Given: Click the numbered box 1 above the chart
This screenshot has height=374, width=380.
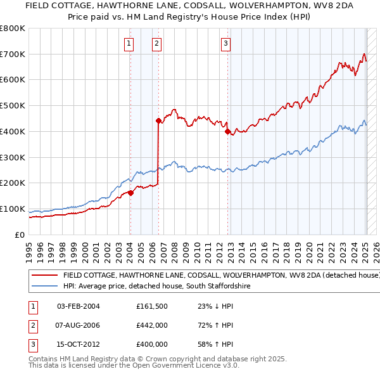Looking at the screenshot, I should point(129,44).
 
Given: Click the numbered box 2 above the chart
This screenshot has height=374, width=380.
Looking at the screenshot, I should point(156,44).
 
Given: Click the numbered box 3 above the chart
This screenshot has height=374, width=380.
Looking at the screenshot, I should point(225,44).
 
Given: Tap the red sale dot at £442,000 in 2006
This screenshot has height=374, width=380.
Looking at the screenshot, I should point(158,120).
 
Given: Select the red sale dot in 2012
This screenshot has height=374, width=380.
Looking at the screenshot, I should point(227,131).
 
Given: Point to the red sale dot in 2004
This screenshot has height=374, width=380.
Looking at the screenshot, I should point(130,193).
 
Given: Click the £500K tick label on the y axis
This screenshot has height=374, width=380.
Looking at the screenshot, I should point(12,106).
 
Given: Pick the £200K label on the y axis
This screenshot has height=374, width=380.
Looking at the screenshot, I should point(12,183).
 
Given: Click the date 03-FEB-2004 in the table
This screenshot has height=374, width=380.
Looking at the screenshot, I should point(79,307).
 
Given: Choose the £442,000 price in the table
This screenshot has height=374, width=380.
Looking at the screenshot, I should point(151,325).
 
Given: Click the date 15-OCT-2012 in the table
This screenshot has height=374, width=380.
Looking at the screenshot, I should point(79,344).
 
